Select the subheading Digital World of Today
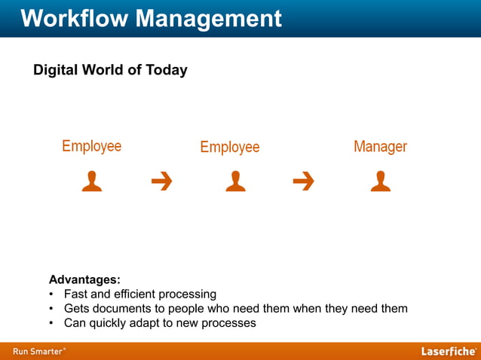[110, 70]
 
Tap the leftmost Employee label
[91, 146]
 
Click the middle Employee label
[230, 148]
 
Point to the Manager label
[380, 147]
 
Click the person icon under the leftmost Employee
[92, 182]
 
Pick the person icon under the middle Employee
[235, 182]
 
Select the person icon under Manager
[380, 182]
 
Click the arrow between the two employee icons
[161, 182]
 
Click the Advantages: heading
[84, 279]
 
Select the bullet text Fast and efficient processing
[140, 294]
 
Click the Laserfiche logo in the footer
[448, 351]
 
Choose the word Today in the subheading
[167, 70]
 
